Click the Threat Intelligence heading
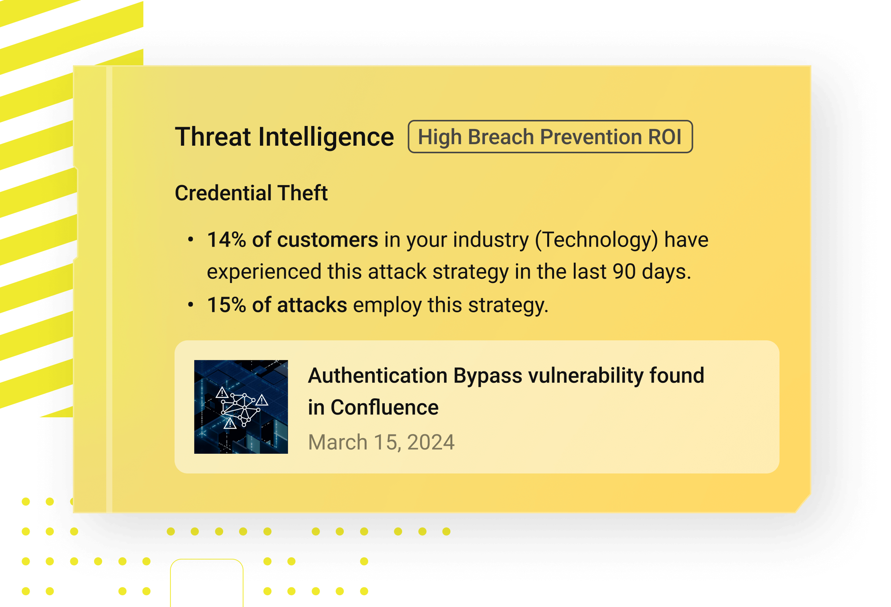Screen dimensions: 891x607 [x=285, y=137]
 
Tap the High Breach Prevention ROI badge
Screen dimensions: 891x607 [x=550, y=137]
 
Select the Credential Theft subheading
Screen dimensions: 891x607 [x=251, y=193]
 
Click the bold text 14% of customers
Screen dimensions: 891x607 [x=293, y=240]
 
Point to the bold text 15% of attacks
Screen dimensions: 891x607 [x=277, y=305]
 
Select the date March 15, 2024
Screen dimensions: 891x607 [x=381, y=442]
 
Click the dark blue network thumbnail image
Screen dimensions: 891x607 [x=241, y=407]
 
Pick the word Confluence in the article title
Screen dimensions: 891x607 [x=384, y=407]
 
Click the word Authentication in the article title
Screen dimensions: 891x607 [x=378, y=376]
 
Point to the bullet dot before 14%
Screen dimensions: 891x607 [x=191, y=240]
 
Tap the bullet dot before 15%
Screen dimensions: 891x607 [x=191, y=305]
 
